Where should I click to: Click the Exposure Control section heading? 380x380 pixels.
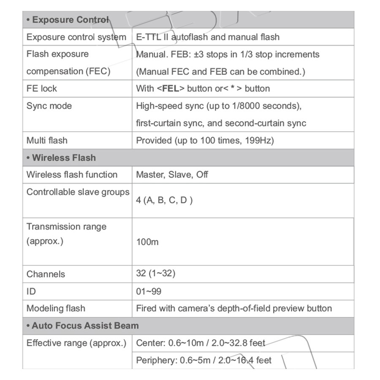point(68,20)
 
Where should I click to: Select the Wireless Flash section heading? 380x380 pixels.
point(61,158)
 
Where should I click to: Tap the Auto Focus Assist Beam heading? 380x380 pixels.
point(82,326)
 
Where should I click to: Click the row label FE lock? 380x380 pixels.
point(41,89)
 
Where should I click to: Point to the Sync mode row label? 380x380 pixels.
point(49,106)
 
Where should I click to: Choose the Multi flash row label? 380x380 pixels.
point(47,141)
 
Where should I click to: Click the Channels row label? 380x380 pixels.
point(46,274)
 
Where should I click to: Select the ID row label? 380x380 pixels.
point(31,291)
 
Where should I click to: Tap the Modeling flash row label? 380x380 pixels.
point(56,309)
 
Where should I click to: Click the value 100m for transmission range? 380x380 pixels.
point(147,242)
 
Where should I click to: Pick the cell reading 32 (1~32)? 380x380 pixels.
point(155,274)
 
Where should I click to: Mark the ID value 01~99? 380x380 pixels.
point(149,291)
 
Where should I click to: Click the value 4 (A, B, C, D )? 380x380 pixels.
point(164,201)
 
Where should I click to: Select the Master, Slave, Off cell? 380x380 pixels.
point(172,175)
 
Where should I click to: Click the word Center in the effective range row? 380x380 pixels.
point(150,343)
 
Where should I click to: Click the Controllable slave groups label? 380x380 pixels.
point(78,192)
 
